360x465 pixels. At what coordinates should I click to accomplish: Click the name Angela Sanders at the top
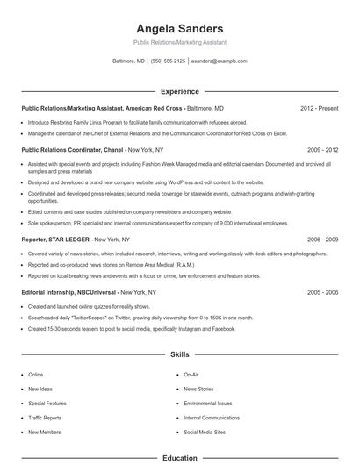[180, 28]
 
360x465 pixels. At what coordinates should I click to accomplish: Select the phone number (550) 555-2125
[168, 61]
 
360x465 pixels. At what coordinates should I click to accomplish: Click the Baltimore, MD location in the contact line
[129, 61]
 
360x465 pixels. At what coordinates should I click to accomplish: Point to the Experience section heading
[180, 90]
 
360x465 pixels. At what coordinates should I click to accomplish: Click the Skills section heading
[180, 354]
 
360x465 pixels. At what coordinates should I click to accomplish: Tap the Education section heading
[180, 457]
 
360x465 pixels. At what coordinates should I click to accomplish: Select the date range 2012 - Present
[320, 108]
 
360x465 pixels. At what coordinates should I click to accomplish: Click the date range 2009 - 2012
[322, 150]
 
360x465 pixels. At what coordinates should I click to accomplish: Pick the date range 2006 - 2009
[322, 239]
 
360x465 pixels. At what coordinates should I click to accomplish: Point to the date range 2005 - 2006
[322, 291]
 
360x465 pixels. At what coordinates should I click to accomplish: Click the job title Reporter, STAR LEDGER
[56, 239]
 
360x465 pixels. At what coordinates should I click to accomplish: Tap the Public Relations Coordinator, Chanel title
[74, 150]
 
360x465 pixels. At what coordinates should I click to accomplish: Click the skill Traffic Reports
[45, 418]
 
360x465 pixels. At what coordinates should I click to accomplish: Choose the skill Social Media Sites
[204, 433]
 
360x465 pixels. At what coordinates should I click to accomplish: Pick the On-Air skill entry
[191, 375]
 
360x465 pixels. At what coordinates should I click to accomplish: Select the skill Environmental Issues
[206, 404]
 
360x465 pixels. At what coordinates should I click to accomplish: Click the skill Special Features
[47, 404]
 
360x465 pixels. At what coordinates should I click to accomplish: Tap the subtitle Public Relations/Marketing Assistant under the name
[180, 42]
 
